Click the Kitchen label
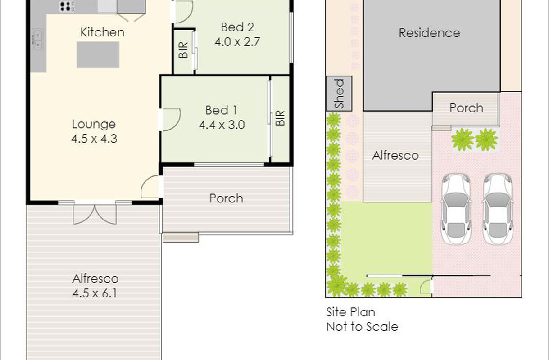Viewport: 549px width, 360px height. [102, 32]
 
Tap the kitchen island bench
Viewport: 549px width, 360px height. [98, 54]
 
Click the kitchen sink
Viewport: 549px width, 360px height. [38, 40]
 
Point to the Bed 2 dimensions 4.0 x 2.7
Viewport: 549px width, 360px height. [237, 42]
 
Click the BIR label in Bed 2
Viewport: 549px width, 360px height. [184, 50]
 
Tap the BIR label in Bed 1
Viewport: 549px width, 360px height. [280, 118]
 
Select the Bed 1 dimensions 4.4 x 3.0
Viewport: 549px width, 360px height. [222, 125]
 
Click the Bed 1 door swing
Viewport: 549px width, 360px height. [172, 120]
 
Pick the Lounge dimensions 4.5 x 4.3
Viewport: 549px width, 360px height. [94, 139]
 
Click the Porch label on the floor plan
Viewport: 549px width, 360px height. [226, 198]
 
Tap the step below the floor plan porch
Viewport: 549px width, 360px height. [181, 238]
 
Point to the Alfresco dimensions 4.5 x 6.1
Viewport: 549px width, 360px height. [95, 293]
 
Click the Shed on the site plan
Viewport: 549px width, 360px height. [339, 94]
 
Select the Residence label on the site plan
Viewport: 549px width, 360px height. [429, 33]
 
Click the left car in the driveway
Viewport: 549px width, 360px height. [456, 209]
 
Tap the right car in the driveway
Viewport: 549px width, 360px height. [498, 209]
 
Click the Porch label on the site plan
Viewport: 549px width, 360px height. [466, 108]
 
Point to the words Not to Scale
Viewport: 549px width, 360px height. [362, 327]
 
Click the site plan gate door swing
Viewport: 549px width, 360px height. [425, 287]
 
